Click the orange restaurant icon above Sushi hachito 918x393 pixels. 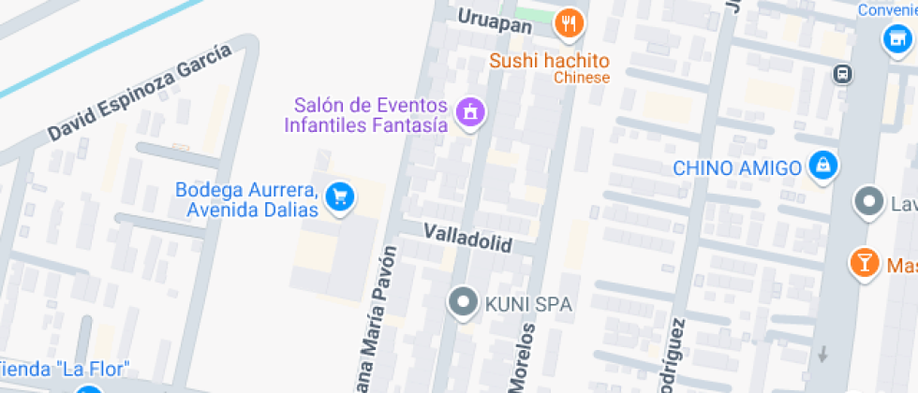569,22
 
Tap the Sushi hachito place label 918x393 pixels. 549,61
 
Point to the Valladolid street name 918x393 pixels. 467,237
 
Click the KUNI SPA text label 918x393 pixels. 527,304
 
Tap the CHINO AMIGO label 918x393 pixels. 738,168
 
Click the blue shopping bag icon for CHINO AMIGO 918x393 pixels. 822,167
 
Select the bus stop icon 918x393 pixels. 843,73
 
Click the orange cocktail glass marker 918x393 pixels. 863,263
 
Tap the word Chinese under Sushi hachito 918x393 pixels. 581,78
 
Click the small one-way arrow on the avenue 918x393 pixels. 823,354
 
